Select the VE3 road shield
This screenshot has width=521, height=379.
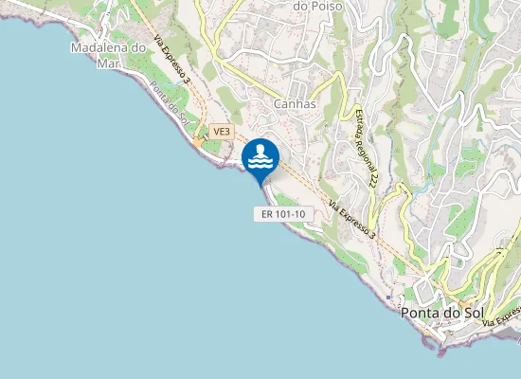pyautogui.click(x=222, y=132)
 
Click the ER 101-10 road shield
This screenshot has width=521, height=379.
pyautogui.click(x=283, y=214)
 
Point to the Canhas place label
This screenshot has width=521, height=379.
pyautogui.click(x=294, y=103)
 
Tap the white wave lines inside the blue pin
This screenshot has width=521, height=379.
pyautogui.click(x=260, y=162)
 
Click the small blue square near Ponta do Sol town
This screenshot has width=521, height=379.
pyautogui.click(x=388, y=296)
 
